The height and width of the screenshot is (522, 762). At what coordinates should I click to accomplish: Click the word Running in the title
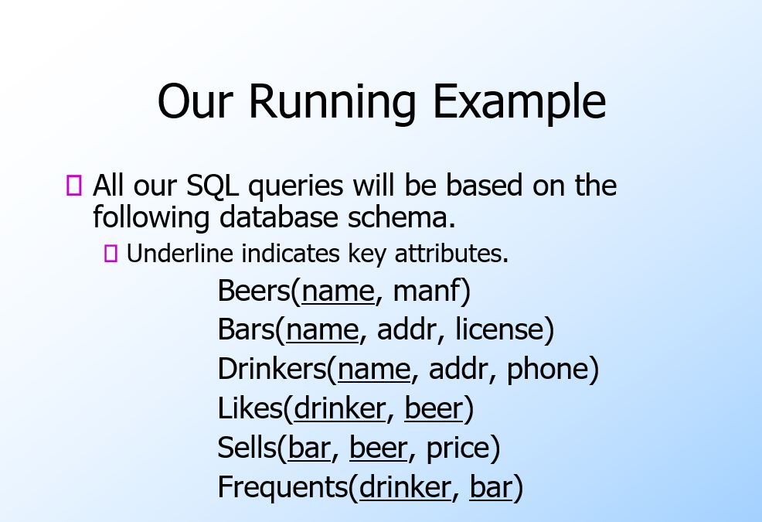click(x=333, y=102)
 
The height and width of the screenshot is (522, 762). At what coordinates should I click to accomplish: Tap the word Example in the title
click(x=519, y=102)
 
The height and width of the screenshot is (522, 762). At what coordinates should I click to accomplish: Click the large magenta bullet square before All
click(x=74, y=186)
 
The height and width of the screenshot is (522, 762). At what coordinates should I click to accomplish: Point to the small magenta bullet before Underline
click(x=111, y=253)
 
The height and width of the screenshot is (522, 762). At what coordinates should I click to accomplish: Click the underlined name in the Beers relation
click(x=338, y=292)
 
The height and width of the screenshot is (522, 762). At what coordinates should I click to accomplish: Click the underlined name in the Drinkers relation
click(x=374, y=370)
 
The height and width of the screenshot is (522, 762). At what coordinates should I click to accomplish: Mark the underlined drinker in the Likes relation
click(x=339, y=409)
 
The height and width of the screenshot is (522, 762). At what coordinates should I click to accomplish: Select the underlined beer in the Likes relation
click(x=434, y=409)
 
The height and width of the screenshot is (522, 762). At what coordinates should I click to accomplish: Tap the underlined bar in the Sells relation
click(x=309, y=449)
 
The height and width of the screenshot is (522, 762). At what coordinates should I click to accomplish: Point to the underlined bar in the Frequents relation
click(x=492, y=488)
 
